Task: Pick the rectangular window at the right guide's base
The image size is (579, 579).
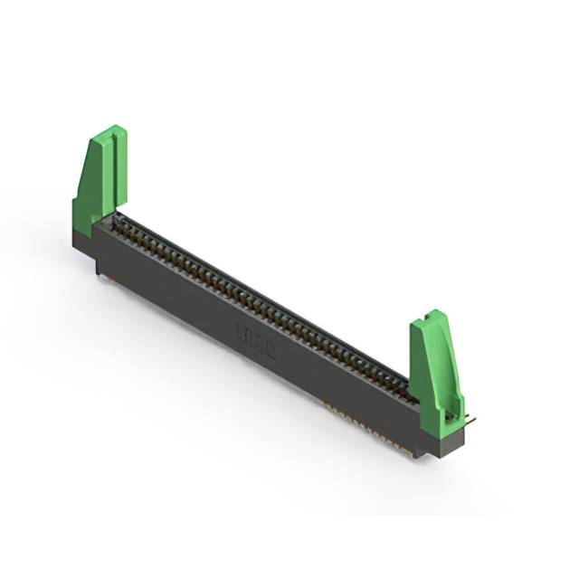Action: [450, 417]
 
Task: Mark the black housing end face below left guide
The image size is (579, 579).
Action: [83, 242]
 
